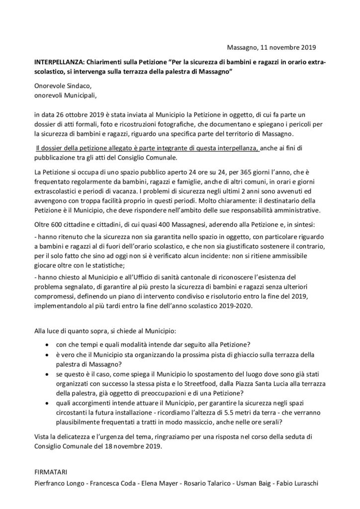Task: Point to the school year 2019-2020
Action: [x=219, y=306]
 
